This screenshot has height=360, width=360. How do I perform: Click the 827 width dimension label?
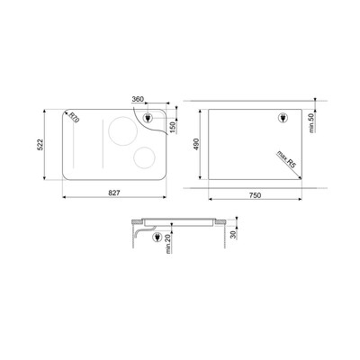click(x=114, y=193)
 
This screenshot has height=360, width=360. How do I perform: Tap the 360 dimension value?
click(x=138, y=99)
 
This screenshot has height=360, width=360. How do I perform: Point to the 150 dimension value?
click(x=173, y=127)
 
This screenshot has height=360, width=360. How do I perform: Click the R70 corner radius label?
click(x=74, y=117)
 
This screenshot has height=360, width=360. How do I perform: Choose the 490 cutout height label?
click(x=196, y=144)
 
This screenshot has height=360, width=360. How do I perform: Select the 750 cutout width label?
click(x=255, y=195)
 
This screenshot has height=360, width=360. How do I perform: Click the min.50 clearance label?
click(x=311, y=122)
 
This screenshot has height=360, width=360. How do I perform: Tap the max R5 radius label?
click(x=285, y=158)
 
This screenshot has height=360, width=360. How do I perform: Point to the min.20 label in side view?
click(x=168, y=243)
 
